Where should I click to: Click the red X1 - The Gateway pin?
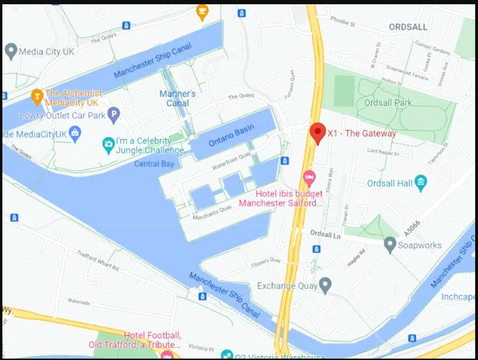click(x=318, y=132)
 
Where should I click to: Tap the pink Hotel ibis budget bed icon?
click(x=309, y=178)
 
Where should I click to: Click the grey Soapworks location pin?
click(x=390, y=245)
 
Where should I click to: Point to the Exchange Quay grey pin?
click(x=325, y=285)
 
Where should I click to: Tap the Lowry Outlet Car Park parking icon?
click(x=113, y=115)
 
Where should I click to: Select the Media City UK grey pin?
click(x=10, y=51)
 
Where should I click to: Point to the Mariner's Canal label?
click(x=177, y=98)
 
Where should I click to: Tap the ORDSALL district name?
click(x=408, y=27)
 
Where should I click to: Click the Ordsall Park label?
click(x=388, y=103)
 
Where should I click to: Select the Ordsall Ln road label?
click(x=325, y=233)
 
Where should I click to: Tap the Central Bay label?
click(x=154, y=164)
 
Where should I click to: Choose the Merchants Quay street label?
click(x=212, y=212)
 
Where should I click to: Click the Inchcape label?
click(x=458, y=297)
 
